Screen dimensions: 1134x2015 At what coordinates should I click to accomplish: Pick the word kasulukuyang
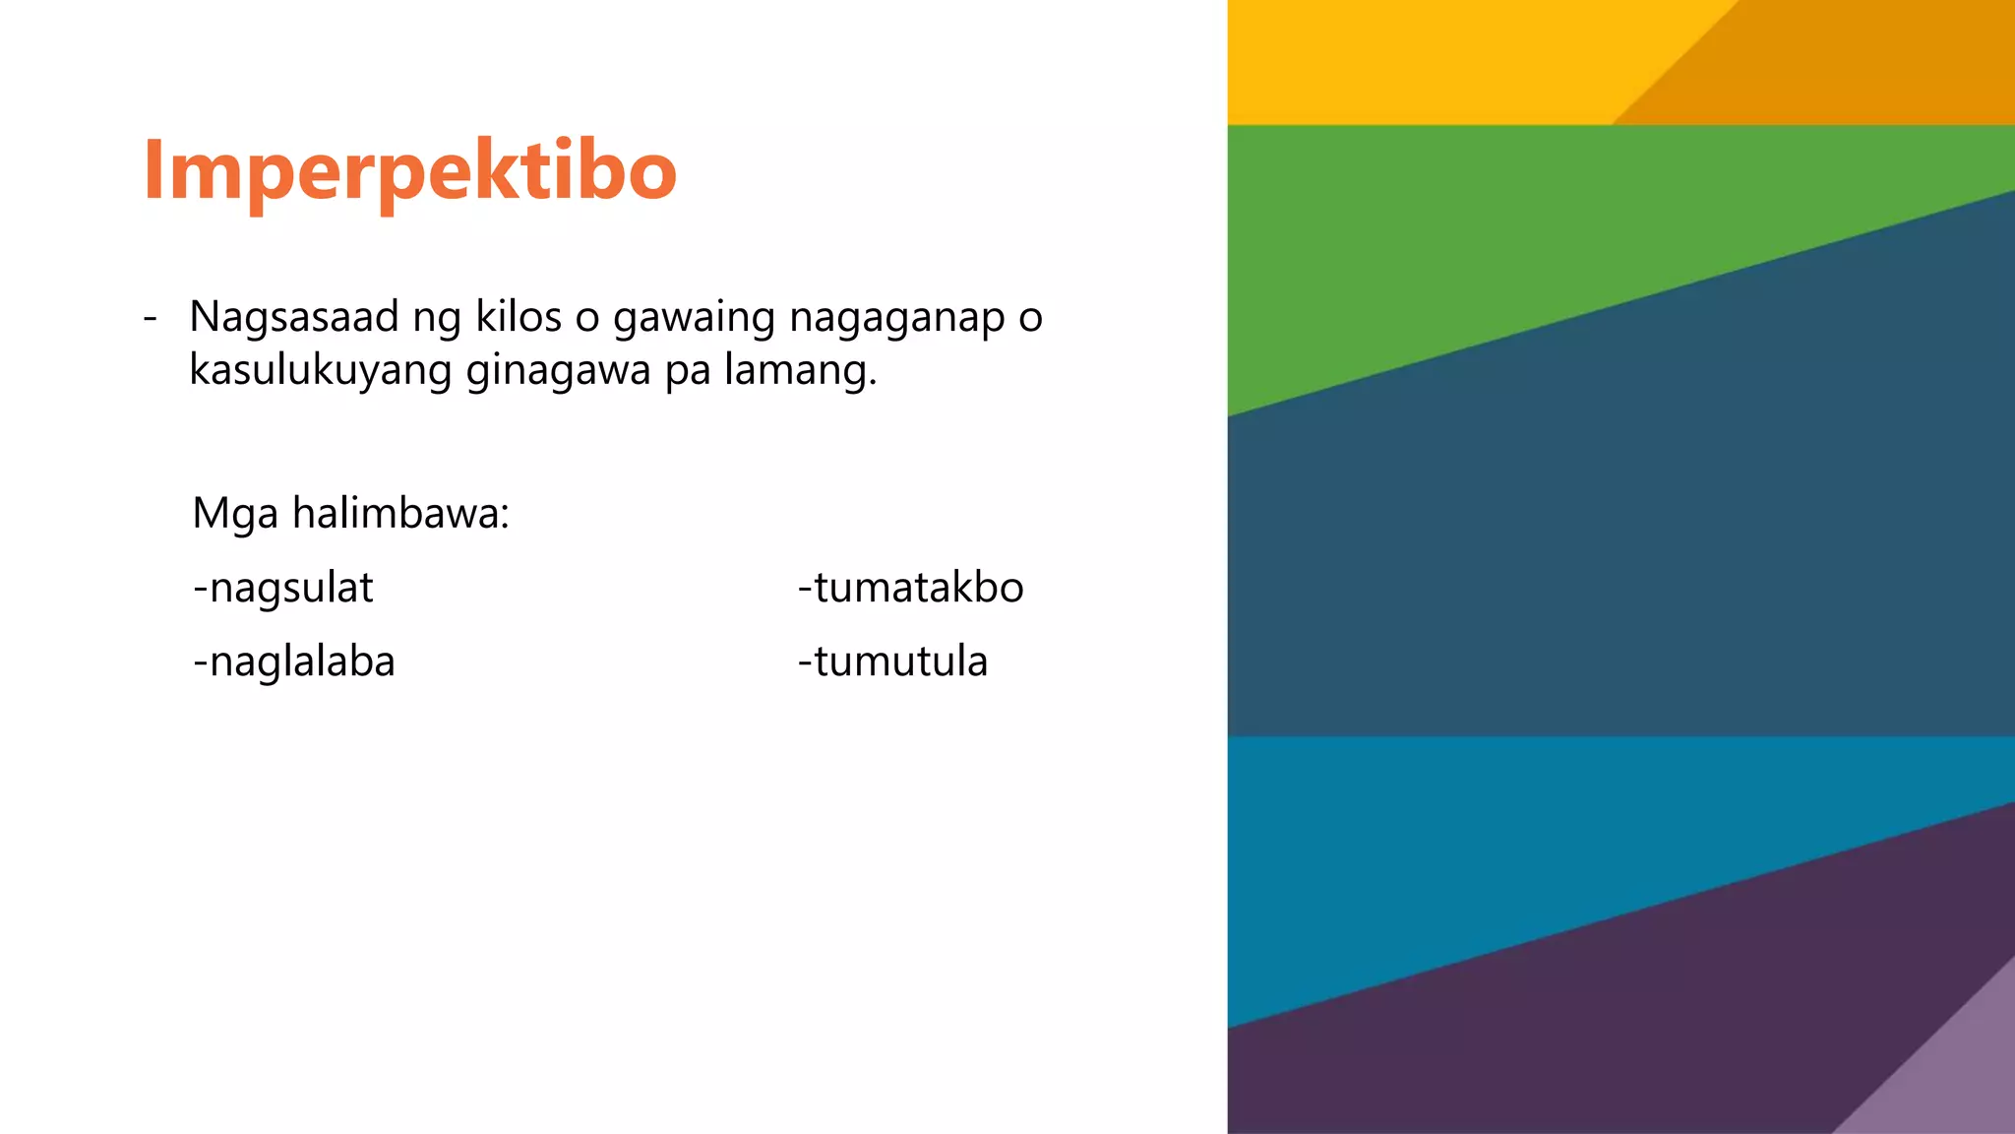pyautogui.click(x=320, y=371)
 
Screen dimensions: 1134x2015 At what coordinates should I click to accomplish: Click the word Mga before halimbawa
pyautogui.click(x=235, y=514)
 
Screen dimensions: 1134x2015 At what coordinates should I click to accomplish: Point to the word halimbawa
pyautogui.click(x=400, y=514)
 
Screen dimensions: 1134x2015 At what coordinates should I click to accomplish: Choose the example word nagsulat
pyautogui.click(x=291, y=588)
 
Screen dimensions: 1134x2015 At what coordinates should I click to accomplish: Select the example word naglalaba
pyautogui.click(x=302, y=661)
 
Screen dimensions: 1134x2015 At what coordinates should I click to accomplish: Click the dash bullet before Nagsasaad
pyautogui.click(x=150, y=318)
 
